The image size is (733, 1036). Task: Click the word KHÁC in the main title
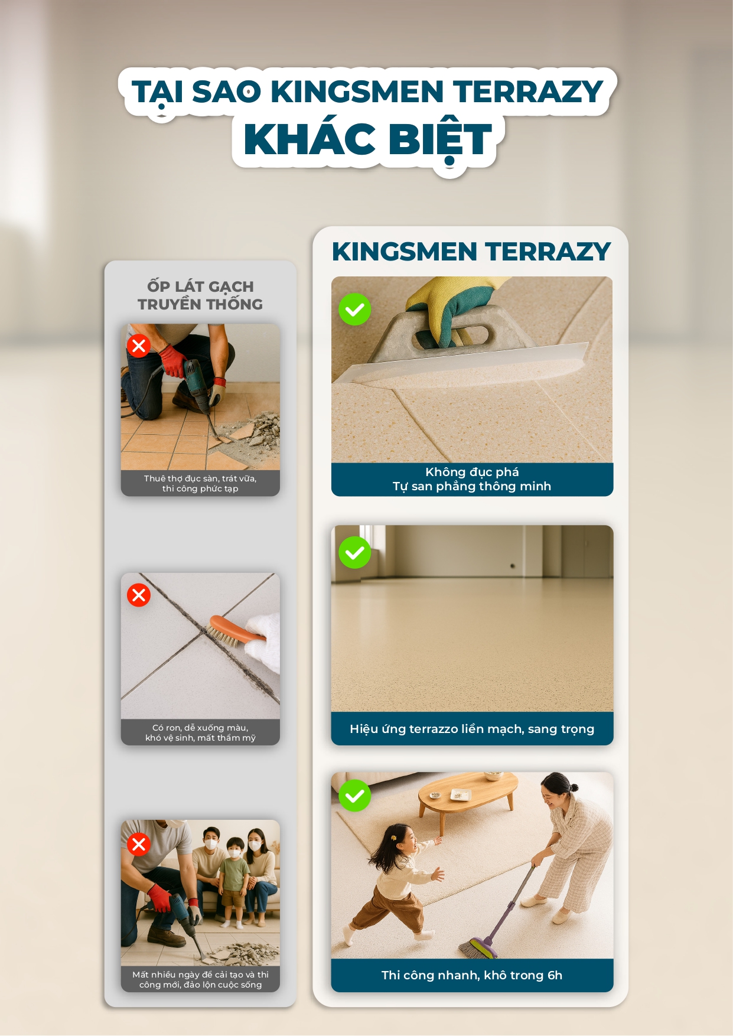coord(309,139)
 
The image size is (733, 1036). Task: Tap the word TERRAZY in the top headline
coord(528,92)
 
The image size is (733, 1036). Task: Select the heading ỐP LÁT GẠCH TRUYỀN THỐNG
coord(200,295)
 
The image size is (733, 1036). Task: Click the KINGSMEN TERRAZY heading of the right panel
coord(471,252)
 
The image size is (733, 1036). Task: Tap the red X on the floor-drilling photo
coord(139,346)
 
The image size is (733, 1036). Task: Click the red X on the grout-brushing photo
coord(139,595)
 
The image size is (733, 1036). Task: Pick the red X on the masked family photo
coord(139,845)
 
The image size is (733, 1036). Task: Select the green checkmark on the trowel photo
coord(354,309)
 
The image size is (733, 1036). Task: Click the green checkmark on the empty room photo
coord(354,552)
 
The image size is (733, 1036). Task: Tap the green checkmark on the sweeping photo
coord(354,796)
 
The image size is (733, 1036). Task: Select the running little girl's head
coord(397,841)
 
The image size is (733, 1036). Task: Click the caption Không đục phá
coord(472,472)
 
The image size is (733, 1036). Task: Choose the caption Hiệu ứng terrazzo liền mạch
coord(472,729)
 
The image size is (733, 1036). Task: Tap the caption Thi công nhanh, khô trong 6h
coord(472,975)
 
